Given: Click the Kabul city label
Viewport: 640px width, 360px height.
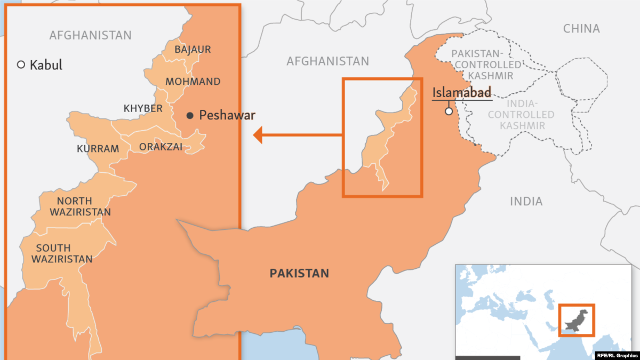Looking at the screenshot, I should point(46,65).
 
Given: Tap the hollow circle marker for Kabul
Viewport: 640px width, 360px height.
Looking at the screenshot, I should point(21,65).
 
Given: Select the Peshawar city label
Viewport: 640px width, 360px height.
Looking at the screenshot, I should point(227,115).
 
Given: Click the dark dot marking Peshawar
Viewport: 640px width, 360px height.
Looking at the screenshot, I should point(190,115).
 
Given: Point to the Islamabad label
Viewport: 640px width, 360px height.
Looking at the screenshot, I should point(461,92).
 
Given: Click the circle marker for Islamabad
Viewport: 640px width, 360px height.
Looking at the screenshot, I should point(449,111).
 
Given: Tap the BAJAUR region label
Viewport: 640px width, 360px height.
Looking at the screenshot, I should point(193,50).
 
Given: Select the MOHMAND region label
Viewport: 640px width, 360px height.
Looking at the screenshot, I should point(193,82).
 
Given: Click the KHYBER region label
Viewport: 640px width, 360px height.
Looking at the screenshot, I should point(143,108).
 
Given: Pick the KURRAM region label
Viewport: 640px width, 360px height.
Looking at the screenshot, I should point(98,149).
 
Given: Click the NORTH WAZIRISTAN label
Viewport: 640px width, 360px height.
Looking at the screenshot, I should point(81,206).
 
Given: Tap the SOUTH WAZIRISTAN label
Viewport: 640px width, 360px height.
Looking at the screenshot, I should point(61,253).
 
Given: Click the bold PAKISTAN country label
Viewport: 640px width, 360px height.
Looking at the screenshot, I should point(299,274).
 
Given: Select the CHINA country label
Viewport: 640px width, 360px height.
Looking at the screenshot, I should point(581,29).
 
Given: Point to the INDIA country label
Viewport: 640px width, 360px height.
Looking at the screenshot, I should point(526,202).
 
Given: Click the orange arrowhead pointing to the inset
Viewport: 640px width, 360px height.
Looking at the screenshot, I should point(258,135).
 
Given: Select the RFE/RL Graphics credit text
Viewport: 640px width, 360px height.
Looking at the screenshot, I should point(618,354).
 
